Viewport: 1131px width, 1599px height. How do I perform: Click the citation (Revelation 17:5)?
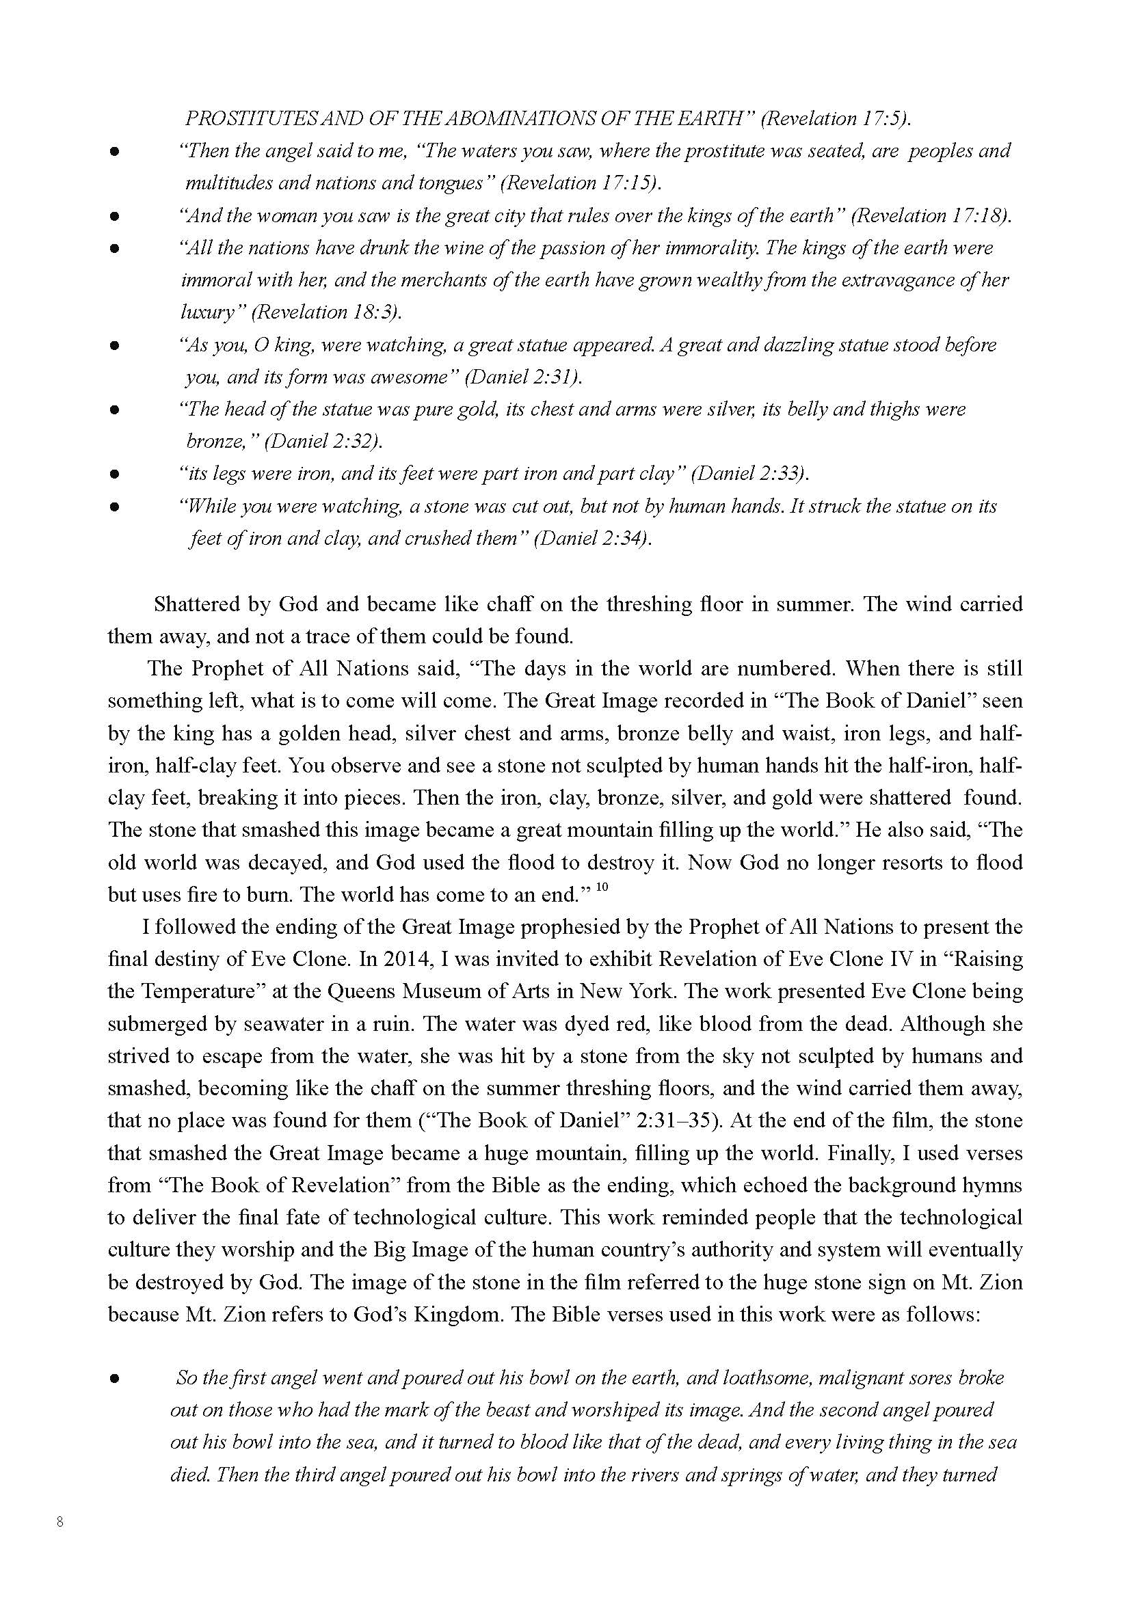pyautogui.click(x=836, y=119)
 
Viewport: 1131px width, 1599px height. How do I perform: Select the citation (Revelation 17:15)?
pyautogui.click(x=581, y=183)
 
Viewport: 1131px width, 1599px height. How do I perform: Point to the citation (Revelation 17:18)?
pyautogui.click(x=932, y=216)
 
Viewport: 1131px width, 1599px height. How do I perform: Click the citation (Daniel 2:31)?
pyautogui.click(x=523, y=377)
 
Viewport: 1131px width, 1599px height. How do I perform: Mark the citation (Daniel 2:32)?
pyautogui.click(x=324, y=442)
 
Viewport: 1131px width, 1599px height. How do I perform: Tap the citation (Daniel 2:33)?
pyautogui.click(x=750, y=474)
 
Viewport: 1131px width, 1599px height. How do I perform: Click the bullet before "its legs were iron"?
pyautogui.click(x=115, y=475)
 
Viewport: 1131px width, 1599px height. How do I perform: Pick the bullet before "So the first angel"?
pyautogui.click(x=115, y=1378)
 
